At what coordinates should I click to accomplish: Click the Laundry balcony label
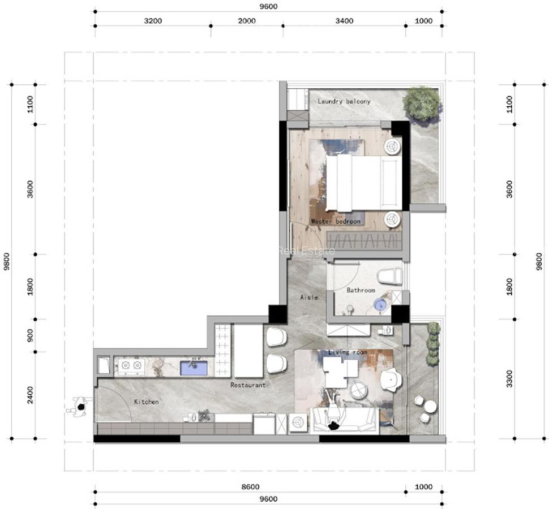[344, 101]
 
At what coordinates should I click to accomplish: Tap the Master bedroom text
[336, 222]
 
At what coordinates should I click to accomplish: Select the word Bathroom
[361, 290]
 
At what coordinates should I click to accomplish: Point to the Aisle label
[308, 297]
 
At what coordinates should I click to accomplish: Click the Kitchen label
[146, 402]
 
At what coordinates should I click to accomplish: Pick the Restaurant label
[248, 385]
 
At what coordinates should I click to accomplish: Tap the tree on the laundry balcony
[422, 103]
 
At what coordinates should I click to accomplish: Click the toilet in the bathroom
[389, 277]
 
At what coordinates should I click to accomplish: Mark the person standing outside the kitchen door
[79, 407]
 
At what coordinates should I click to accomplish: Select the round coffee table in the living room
[358, 390]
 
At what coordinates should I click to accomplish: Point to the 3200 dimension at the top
[153, 21]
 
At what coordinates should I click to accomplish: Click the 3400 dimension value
[344, 21]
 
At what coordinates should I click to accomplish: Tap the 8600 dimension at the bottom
[250, 486]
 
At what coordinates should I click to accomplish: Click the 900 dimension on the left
[30, 335]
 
